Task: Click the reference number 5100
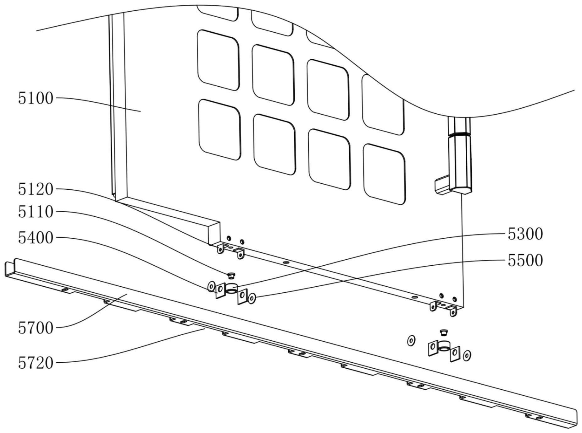pos(36,98)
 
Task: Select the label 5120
pos(36,189)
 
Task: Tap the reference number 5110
pos(36,212)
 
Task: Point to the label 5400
pos(36,238)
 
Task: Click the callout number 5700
pos(36,328)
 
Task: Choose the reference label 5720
pos(36,363)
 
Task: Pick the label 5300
pos(525,234)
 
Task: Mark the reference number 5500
pos(525,260)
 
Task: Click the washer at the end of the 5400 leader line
pos(211,286)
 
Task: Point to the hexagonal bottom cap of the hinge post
pos(461,190)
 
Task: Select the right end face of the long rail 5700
pos(575,419)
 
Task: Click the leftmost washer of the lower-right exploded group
pos(411,340)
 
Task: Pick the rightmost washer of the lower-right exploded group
pos(467,355)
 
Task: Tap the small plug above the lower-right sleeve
pos(444,332)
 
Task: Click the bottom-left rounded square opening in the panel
pos(219,129)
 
